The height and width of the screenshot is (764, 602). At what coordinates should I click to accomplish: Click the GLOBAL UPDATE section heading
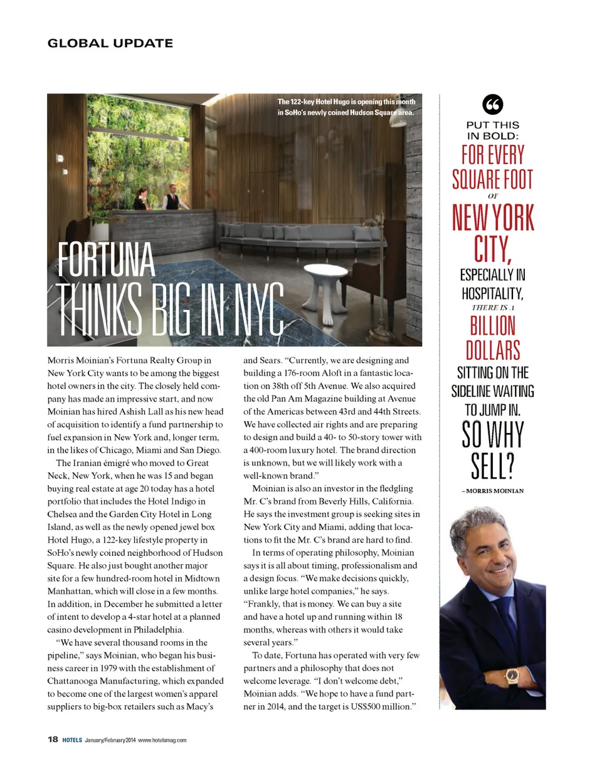pyautogui.click(x=110, y=43)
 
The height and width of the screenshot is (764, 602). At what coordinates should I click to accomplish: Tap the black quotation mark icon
pyautogui.click(x=492, y=103)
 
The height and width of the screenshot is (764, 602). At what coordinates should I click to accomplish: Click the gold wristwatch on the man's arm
pyautogui.click(x=512, y=675)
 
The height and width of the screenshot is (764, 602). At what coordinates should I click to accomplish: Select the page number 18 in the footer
pyautogui.click(x=53, y=740)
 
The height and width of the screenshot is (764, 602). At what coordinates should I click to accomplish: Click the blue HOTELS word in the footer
pyautogui.click(x=72, y=740)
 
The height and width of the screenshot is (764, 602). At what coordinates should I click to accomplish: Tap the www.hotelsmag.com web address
pyautogui.click(x=162, y=740)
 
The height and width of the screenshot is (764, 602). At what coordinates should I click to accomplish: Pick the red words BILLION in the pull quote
pyautogui.click(x=492, y=325)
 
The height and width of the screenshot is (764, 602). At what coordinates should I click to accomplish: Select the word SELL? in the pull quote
pyautogui.click(x=492, y=464)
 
